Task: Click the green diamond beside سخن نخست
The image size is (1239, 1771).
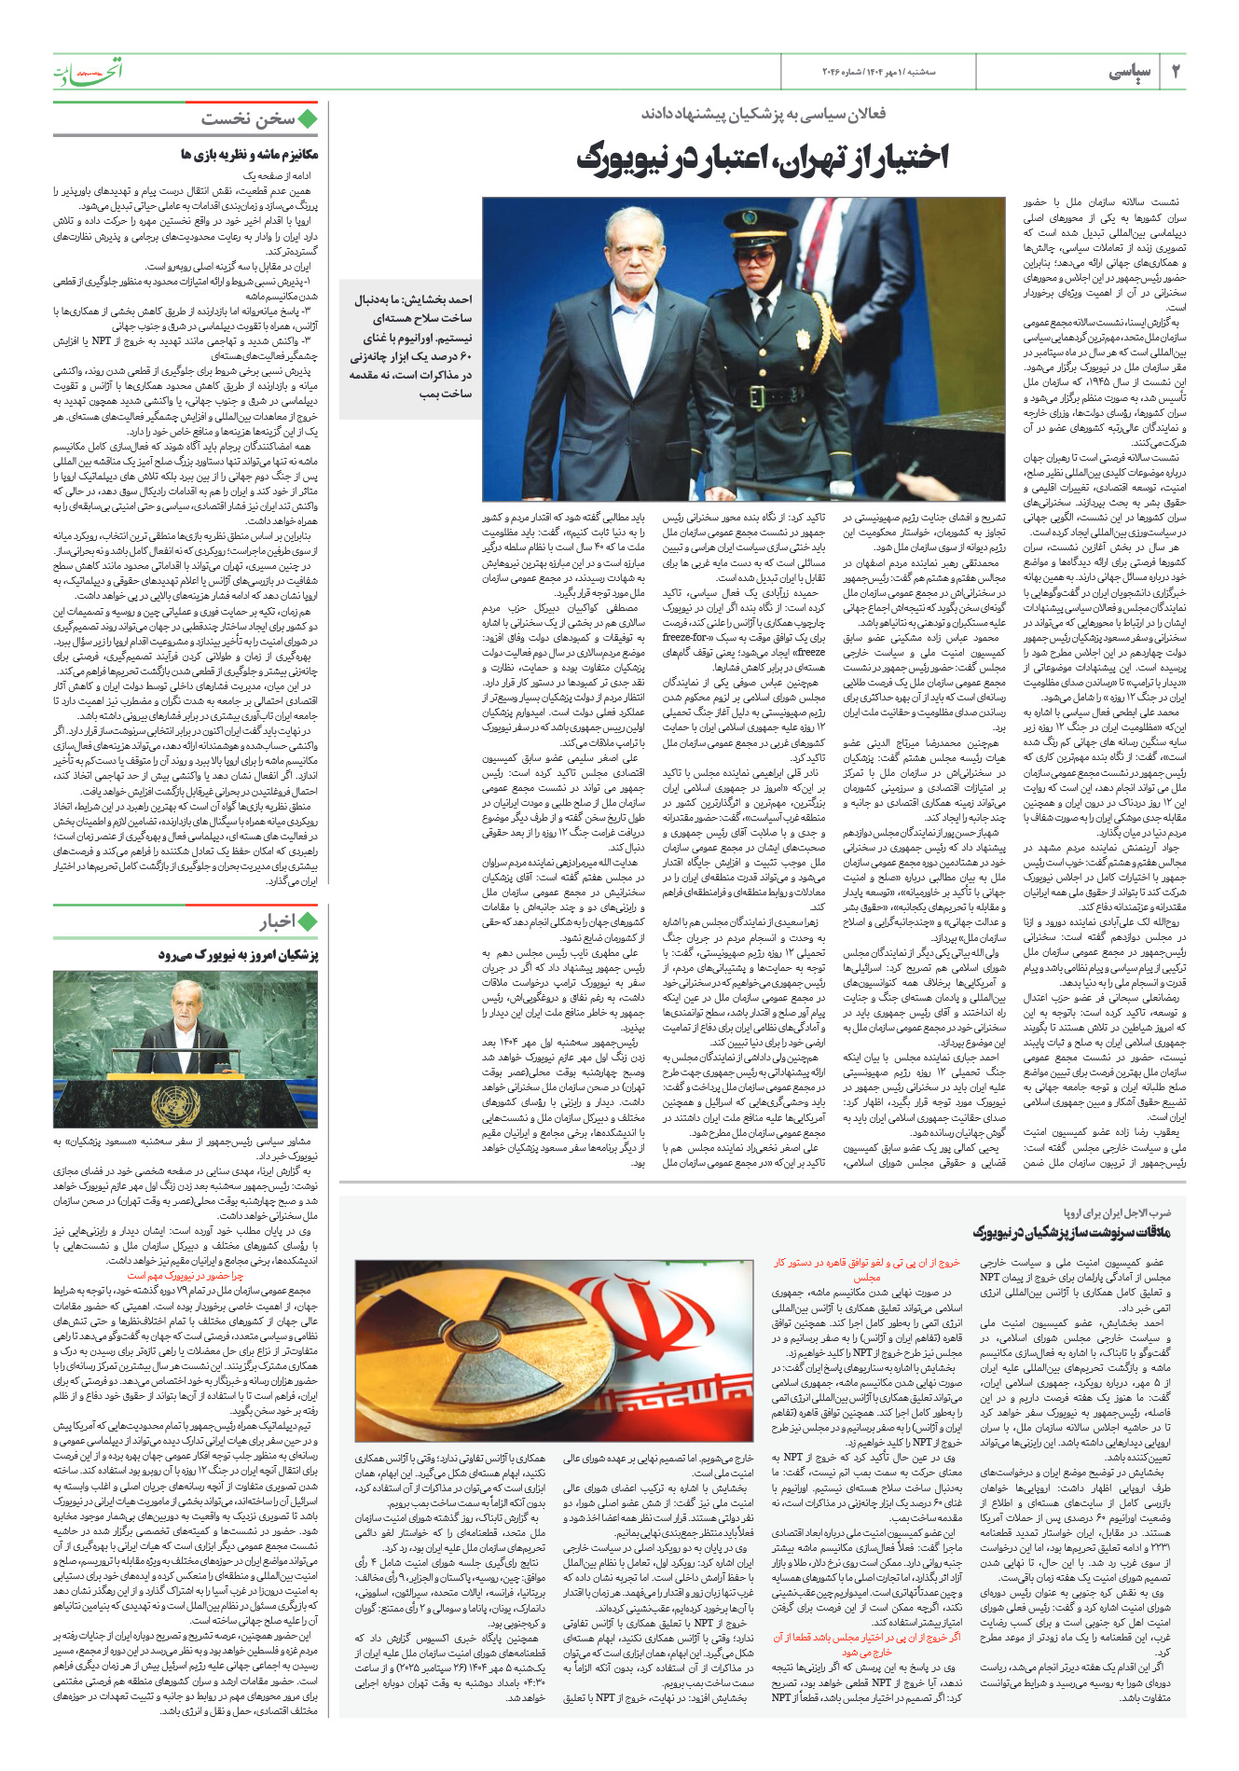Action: [x=308, y=118]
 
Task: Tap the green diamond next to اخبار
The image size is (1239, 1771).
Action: [x=308, y=922]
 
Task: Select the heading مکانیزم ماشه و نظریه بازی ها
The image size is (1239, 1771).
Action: [x=249, y=154]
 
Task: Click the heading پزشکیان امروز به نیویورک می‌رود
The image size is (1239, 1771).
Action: [x=239, y=955]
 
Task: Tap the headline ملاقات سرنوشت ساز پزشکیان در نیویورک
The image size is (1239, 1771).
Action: [x=1071, y=1232]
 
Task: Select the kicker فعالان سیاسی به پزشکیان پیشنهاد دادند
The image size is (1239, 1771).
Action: [x=763, y=114]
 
